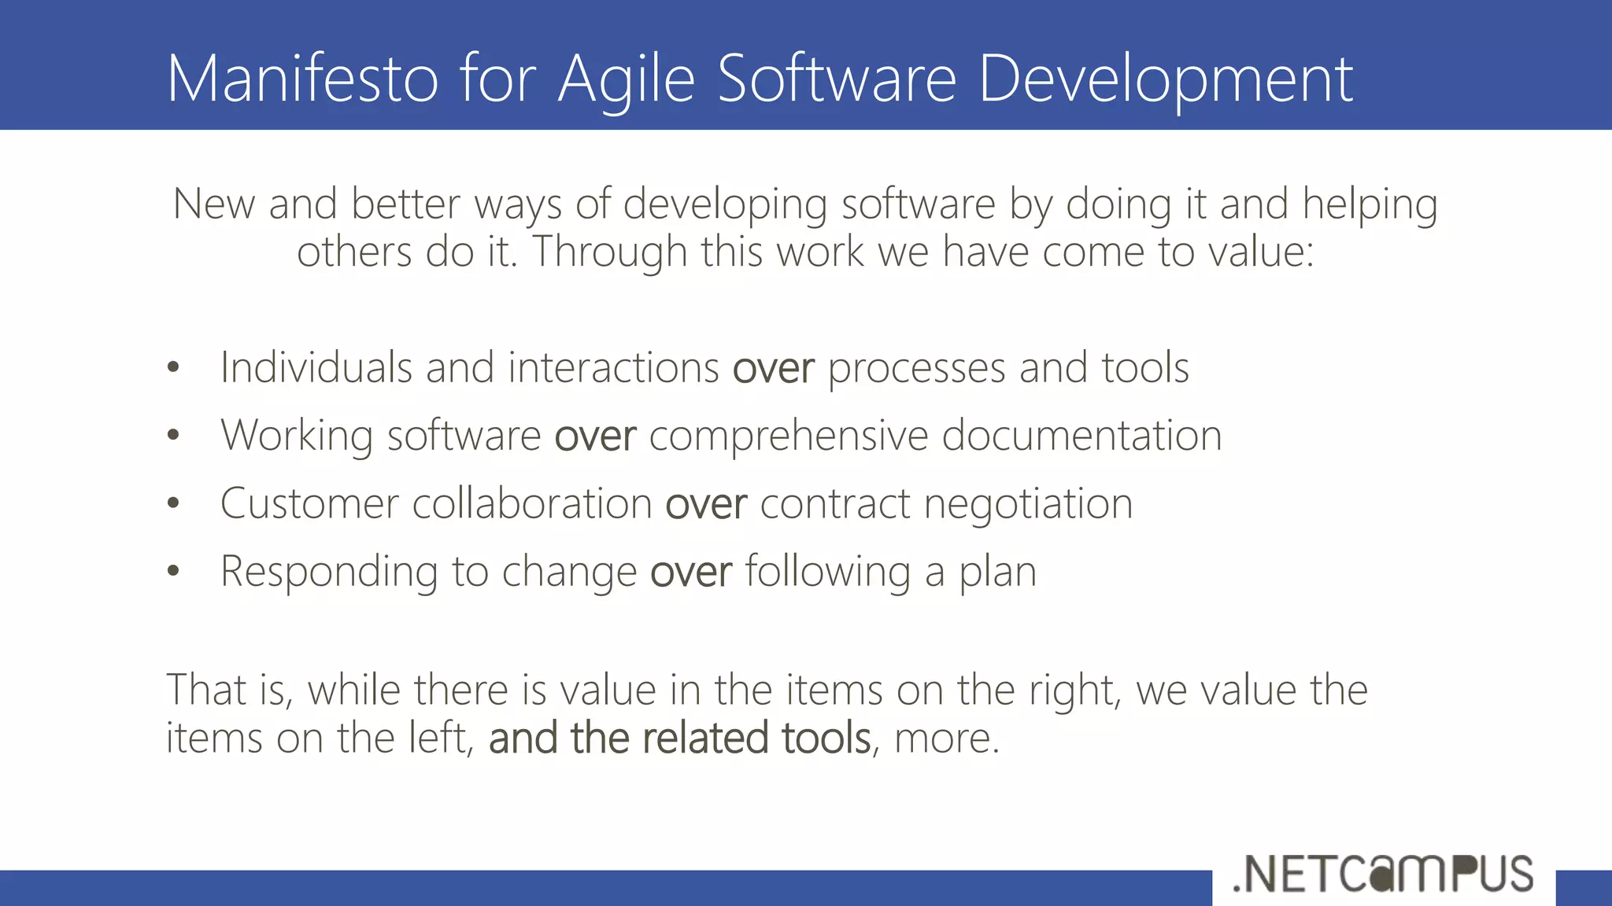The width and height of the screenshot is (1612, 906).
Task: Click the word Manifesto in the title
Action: tap(302, 79)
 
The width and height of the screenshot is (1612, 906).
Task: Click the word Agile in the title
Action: tap(626, 80)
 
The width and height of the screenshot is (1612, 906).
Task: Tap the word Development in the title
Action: tap(1165, 80)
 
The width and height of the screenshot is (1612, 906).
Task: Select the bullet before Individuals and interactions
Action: tap(174, 368)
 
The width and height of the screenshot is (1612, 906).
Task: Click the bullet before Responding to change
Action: tap(174, 572)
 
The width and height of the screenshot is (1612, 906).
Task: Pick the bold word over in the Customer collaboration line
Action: tap(705, 504)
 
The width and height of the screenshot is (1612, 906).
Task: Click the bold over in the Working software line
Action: tap(594, 436)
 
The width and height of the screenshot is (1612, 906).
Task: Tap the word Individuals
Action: tap(316, 368)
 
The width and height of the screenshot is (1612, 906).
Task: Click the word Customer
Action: tap(309, 504)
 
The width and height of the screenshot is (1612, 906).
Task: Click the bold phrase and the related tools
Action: tap(679, 738)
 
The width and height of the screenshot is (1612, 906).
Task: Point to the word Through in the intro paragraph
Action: tap(610, 252)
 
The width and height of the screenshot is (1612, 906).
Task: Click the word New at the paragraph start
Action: tap(213, 204)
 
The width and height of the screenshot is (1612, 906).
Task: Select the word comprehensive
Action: tap(788, 436)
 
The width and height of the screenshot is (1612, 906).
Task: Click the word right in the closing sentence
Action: tap(1074, 691)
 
